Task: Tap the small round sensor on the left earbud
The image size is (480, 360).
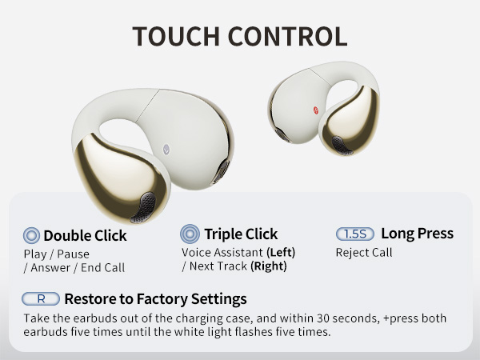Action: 166,147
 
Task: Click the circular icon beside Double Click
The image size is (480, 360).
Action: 32,235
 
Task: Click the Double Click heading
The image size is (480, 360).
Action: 85,236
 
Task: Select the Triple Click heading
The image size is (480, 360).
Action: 241,234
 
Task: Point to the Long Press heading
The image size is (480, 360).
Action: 417,234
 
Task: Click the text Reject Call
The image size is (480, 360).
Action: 363,253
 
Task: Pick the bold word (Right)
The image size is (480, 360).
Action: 269,266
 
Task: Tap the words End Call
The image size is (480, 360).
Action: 102,268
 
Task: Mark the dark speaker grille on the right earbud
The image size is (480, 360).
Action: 342,145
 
